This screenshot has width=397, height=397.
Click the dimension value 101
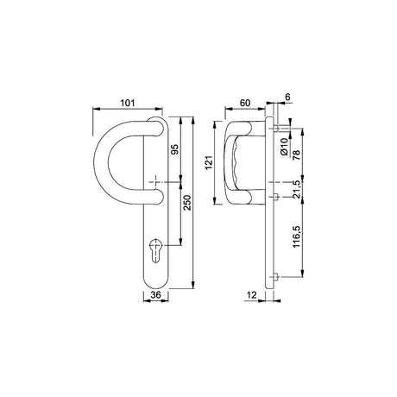(127, 103)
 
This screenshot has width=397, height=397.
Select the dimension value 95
(175, 149)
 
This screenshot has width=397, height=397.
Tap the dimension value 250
(187, 203)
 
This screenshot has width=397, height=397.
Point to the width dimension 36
(155, 294)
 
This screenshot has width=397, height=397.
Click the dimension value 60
(245, 103)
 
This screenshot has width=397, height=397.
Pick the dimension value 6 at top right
(287, 98)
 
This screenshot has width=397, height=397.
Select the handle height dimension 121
(209, 162)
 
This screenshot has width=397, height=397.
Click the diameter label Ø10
(284, 147)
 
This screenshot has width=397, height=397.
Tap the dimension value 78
(296, 154)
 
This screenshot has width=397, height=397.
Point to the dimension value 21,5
(296, 189)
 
